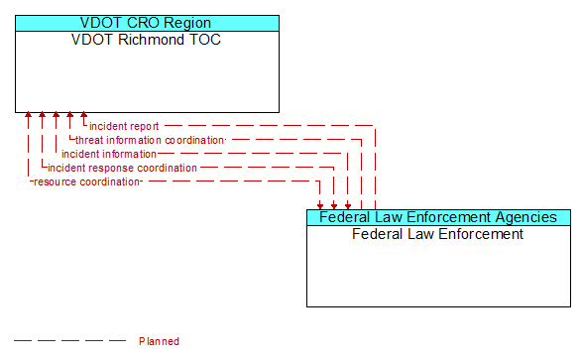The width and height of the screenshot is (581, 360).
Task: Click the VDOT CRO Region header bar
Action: (x=147, y=23)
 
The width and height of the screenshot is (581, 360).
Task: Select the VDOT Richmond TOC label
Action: (x=147, y=41)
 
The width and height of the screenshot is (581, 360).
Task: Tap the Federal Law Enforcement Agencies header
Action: (x=438, y=217)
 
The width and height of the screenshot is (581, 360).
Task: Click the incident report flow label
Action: (x=124, y=126)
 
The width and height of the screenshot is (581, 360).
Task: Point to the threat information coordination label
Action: (x=150, y=140)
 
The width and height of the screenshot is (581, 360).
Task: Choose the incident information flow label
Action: (x=109, y=154)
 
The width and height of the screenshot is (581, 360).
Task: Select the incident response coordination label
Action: (x=122, y=168)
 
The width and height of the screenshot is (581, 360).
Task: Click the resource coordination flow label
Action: (x=87, y=181)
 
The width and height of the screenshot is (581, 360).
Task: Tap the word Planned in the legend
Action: (x=159, y=341)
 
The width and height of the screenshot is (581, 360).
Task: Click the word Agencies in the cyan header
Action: (x=523, y=217)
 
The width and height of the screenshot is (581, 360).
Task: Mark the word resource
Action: (x=56, y=181)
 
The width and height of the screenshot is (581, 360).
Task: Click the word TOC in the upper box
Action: (x=206, y=41)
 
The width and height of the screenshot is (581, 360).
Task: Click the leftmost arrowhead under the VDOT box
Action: (x=29, y=116)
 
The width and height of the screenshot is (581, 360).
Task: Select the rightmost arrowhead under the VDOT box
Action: (x=84, y=116)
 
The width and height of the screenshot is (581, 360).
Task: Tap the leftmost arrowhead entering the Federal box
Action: (x=320, y=205)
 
